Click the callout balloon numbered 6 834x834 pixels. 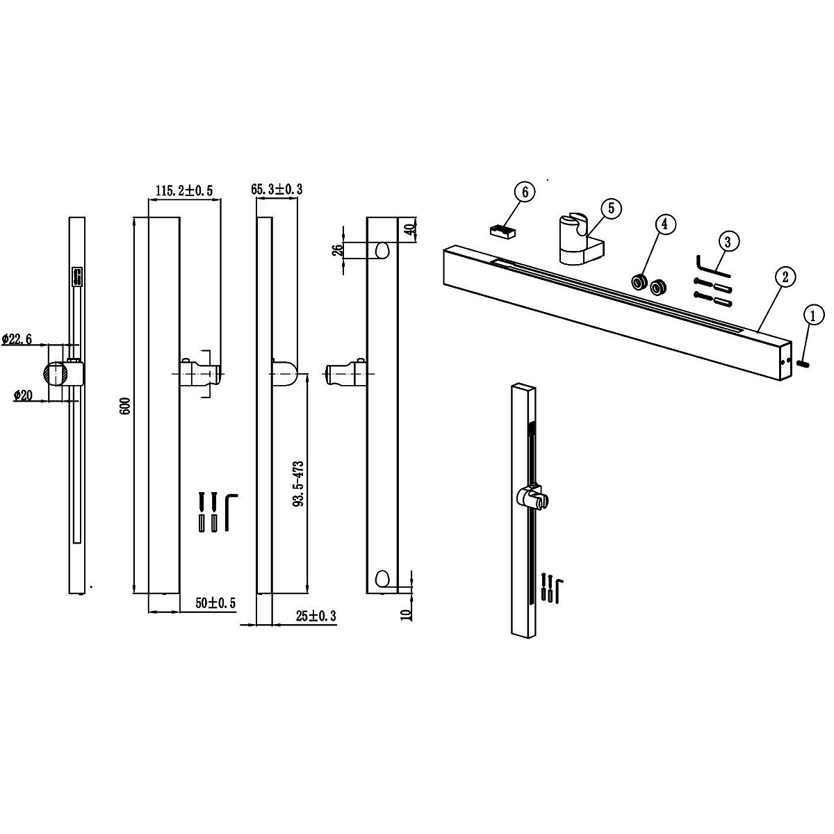[x=525, y=192]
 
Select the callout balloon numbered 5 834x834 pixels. [x=611, y=208]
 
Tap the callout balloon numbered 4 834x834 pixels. [x=665, y=224]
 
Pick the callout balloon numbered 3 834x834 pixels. [x=728, y=242]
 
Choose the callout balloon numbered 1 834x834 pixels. [x=812, y=316]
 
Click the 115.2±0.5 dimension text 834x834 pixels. [x=184, y=190]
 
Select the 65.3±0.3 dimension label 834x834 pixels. [x=277, y=189]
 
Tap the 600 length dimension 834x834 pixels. [x=126, y=405]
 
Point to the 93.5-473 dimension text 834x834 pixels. [x=299, y=484]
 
